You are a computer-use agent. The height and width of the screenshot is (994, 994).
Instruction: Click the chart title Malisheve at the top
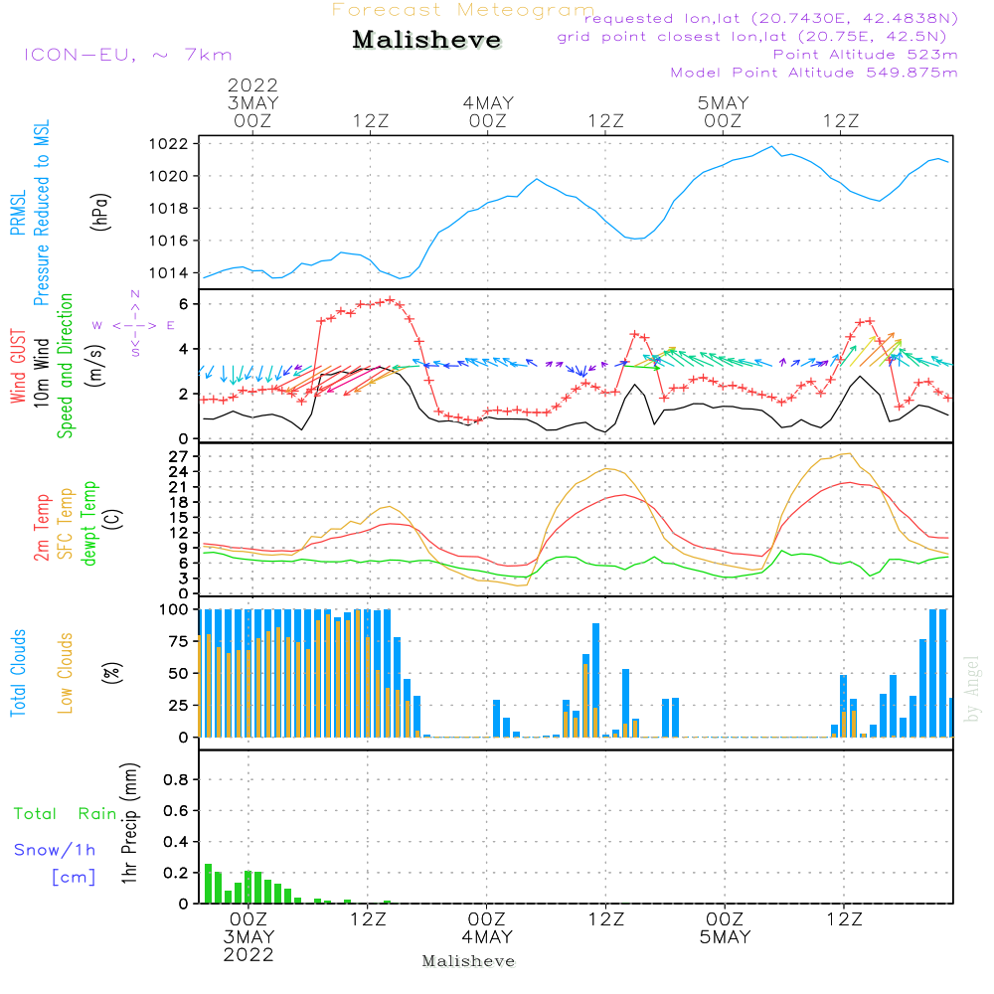(x=427, y=41)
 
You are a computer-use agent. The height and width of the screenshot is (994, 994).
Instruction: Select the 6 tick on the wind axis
(x=184, y=304)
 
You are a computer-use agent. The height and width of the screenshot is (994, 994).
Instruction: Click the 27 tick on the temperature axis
(x=179, y=457)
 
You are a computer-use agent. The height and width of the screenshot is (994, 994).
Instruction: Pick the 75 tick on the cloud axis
(x=178, y=641)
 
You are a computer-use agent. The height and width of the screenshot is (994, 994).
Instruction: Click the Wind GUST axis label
(x=19, y=368)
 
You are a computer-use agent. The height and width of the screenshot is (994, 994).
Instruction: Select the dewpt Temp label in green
(x=89, y=524)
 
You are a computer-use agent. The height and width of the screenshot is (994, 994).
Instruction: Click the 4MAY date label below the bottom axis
(x=487, y=937)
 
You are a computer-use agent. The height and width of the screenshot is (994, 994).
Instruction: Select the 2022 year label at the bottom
(x=248, y=955)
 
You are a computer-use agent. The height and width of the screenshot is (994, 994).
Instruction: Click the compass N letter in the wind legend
(x=134, y=294)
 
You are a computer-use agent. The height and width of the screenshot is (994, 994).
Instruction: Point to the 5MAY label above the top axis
(x=723, y=103)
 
